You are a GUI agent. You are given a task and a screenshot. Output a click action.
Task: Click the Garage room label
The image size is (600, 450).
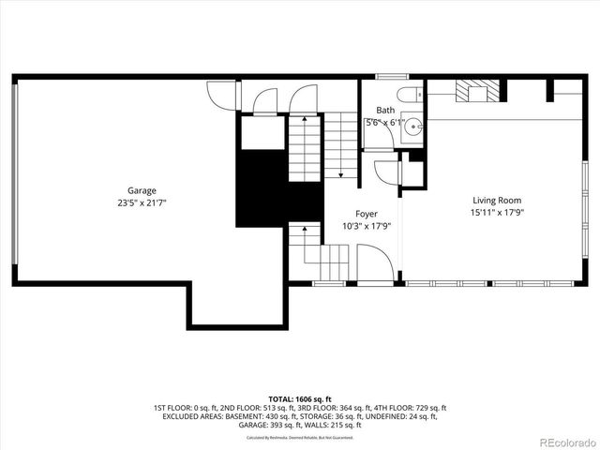[142, 190]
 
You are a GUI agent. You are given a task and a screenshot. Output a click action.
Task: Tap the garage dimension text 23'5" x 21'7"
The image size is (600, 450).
[142, 202]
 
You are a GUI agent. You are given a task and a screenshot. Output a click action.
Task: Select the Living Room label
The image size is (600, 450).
[496, 200]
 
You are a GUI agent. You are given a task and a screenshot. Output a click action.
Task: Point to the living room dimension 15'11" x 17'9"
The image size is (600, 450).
[496, 212]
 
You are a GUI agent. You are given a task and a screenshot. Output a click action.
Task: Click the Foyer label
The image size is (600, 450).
[366, 215]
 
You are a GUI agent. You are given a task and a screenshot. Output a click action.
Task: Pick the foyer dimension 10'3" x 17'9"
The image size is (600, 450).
[366, 226]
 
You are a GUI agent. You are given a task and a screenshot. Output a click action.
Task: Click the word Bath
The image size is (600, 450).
[384, 110]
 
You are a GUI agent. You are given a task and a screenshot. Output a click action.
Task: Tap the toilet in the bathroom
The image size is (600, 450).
[409, 94]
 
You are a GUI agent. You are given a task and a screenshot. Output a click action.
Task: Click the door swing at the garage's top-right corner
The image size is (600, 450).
[219, 97]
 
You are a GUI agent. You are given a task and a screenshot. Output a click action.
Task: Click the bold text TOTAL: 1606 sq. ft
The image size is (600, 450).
[299, 398]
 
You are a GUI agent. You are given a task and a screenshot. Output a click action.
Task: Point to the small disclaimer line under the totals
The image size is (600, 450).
[299, 438]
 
